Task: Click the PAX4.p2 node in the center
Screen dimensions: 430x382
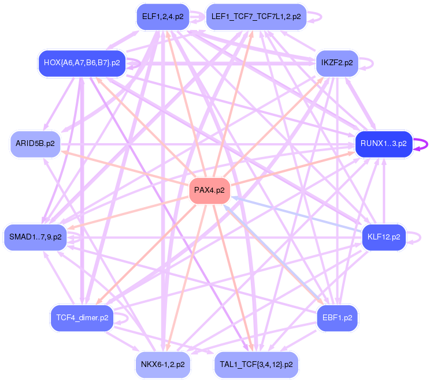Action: click(209, 190)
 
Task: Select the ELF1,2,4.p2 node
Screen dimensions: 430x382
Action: click(162, 17)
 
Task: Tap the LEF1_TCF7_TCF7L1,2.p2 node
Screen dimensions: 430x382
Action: click(256, 17)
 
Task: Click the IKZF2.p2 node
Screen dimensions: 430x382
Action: click(338, 62)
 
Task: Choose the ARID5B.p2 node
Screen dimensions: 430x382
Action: click(35, 143)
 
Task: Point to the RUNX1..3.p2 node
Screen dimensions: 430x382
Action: click(383, 143)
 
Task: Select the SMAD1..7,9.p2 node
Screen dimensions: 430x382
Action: click(35, 237)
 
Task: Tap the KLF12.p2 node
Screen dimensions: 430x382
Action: click(383, 237)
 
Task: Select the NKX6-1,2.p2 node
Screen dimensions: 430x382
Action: click(162, 364)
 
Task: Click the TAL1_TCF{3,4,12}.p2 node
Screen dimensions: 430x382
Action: click(256, 364)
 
